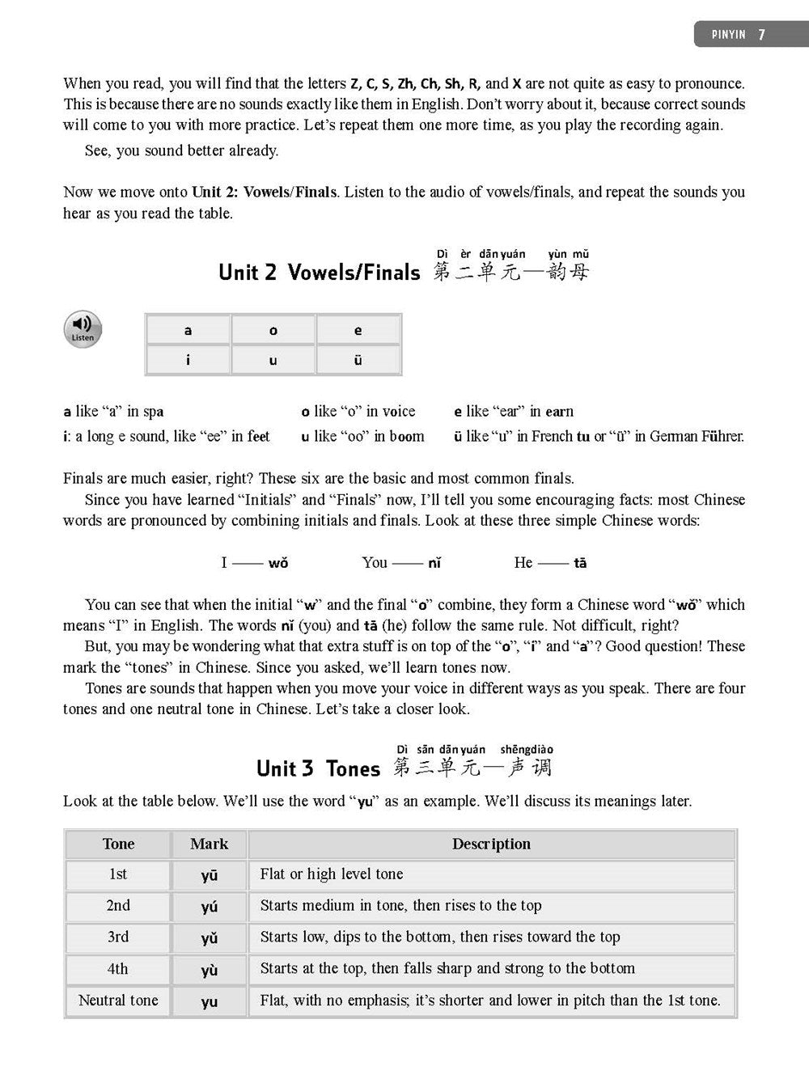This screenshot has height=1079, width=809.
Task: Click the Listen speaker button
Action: [83, 328]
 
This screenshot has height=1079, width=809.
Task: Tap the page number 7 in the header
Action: [761, 35]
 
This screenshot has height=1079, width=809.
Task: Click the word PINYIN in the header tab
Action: [728, 36]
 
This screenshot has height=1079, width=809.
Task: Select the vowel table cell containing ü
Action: [358, 360]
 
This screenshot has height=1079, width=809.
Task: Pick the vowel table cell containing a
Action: [188, 330]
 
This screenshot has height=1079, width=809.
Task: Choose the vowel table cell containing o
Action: [273, 330]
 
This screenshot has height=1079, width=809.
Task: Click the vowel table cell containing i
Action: [188, 360]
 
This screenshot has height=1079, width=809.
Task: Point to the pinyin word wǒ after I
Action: [277, 562]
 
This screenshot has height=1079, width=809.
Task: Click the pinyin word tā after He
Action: [579, 562]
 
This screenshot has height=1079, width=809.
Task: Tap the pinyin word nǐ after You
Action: [434, 562]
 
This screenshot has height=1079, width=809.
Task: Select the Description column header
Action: [491, 844]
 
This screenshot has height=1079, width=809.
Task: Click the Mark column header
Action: [209, 844]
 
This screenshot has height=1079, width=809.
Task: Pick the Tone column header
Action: [118, 844]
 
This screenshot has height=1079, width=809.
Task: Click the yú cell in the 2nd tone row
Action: [209, 907]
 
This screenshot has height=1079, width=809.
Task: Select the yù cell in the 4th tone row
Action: [209, 970]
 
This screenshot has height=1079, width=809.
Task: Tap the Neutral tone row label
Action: [118, 1001]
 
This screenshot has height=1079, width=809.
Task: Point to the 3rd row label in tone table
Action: [118, 937]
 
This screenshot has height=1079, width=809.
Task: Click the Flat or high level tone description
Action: [332, 874]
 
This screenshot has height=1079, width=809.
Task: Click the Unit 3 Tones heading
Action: [318, 768]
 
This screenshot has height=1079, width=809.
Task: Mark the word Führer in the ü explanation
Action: [718, 436]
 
